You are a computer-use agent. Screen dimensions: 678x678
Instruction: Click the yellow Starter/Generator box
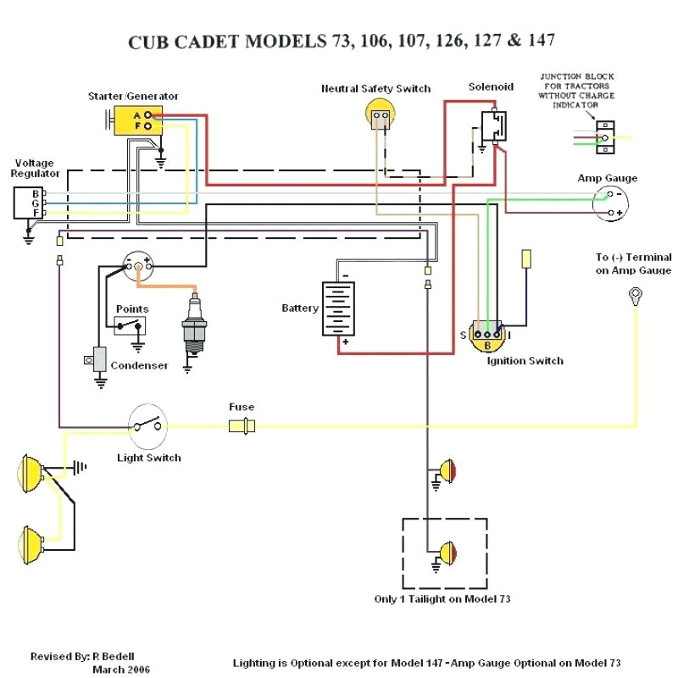[136, 120]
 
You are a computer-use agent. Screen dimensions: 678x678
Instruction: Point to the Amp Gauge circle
[610, 203]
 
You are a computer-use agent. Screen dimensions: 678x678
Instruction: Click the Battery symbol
[341, 308]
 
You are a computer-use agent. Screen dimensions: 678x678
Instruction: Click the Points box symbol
[131, 325]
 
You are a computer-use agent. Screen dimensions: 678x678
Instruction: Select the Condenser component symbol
[98, 359]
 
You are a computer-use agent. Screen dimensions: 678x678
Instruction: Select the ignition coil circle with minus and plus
[138, 267]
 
